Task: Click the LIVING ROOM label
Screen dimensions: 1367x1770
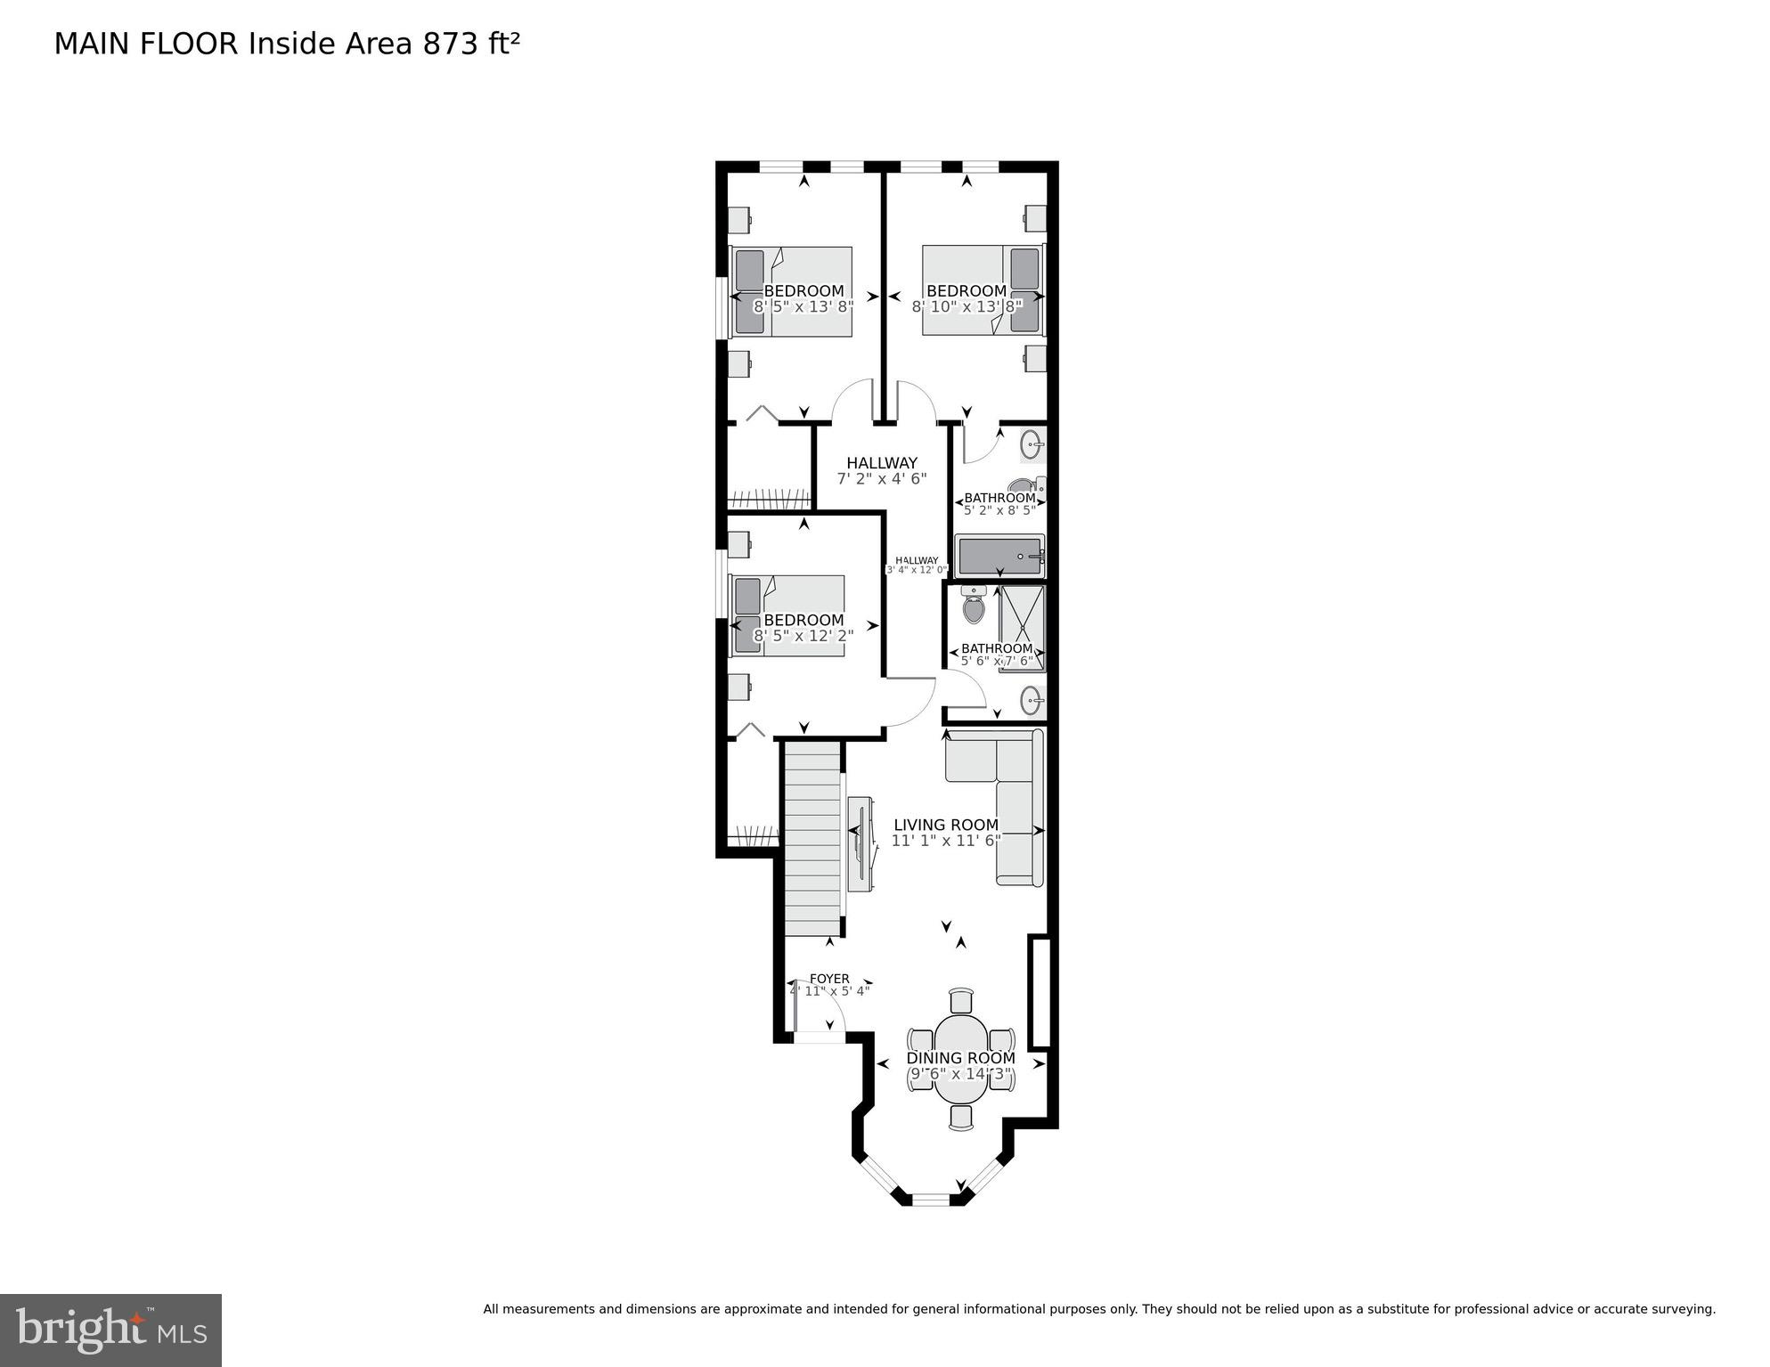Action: point(946,825)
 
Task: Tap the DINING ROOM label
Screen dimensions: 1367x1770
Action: point(960,1058)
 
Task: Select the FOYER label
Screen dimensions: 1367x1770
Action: point(829,979)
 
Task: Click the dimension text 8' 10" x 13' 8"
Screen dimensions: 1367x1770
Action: point(967,306)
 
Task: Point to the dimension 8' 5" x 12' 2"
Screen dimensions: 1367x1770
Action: point(803,636)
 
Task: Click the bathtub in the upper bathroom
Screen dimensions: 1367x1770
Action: point(999,557)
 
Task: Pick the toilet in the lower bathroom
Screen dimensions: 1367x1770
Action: point(974,609)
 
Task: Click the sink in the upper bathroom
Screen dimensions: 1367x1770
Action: point(1032,443)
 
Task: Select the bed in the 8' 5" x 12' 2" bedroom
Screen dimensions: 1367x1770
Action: point(788,615)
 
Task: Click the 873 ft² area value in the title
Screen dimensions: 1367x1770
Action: point(471,44)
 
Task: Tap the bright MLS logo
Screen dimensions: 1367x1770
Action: point(110,1330)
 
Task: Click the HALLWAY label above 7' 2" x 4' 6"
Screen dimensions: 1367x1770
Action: point(882,463)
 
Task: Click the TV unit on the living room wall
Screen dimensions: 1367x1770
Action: point(861,843)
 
